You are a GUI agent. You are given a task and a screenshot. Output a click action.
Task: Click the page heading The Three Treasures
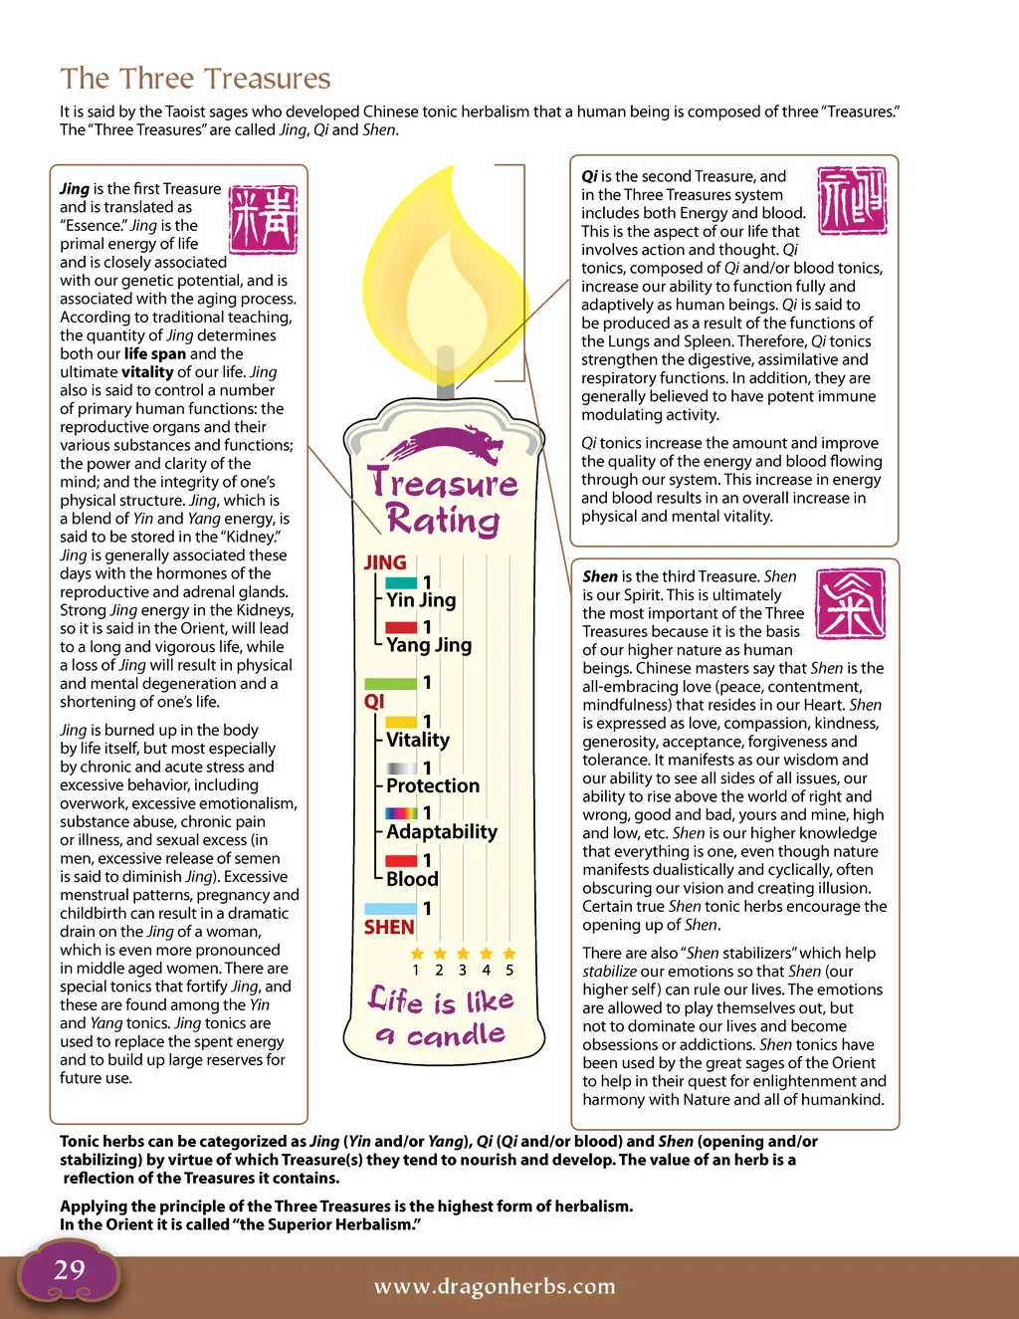point(195,79)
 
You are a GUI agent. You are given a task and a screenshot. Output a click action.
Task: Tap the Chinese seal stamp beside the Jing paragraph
point(263,219)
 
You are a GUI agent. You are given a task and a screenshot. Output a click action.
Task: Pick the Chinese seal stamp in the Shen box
point(850,604)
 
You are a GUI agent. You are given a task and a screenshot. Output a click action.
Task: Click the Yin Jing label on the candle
point(421,600)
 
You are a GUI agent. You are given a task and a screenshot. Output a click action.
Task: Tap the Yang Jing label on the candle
point(429,645)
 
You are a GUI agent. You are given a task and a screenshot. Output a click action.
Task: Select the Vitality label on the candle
point(418,740)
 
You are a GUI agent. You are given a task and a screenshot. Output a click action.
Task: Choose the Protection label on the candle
point(433,785)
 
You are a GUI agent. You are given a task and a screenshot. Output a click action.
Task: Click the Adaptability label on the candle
point(442,831)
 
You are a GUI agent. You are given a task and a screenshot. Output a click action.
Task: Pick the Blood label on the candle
point(412,879)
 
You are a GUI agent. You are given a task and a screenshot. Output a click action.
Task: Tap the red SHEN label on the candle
point(389,927)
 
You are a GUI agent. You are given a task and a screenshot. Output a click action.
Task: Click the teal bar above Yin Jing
point(401,582)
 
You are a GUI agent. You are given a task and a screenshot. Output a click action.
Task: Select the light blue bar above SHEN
point(390,908)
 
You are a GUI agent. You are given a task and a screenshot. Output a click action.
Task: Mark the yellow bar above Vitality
point(401,722)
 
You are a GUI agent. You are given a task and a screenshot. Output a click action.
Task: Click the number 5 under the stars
point(509,970)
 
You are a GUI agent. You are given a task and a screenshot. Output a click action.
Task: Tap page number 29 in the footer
point(70,1270)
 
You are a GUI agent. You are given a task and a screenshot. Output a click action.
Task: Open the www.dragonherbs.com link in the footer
point(495,1286)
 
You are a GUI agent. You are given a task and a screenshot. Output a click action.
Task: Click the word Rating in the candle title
point(443,521)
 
